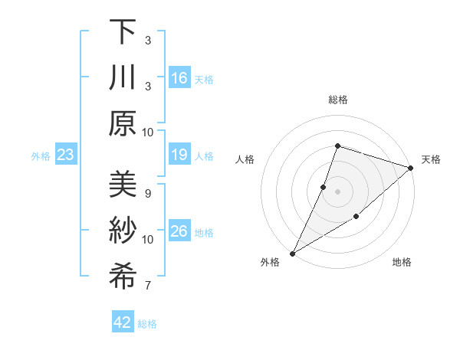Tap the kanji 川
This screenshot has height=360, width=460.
123,77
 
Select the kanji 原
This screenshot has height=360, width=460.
123,123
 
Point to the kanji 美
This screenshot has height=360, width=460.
123,185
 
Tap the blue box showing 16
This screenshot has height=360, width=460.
179,78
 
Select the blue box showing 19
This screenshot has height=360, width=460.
179,155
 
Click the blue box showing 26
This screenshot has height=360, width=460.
179,232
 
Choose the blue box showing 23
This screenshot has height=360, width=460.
66,155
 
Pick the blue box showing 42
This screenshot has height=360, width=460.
123,322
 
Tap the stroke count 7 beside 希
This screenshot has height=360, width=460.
147,286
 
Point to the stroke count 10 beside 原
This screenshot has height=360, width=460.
148,132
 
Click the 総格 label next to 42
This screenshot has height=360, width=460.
147,324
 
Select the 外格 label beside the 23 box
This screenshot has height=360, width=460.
41,156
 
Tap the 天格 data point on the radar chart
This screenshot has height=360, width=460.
411,167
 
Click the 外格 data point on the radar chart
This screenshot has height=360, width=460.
292,253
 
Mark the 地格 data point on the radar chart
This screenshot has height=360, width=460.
356,218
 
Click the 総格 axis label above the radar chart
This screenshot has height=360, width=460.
337,100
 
